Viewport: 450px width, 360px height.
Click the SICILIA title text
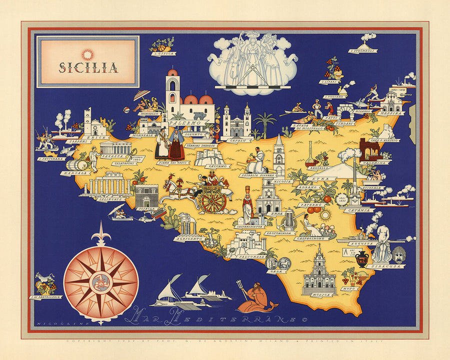88,67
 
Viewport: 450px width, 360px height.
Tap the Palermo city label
184,122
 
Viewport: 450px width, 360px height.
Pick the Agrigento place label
188,239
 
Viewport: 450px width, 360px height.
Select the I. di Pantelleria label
45,297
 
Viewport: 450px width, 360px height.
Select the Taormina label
374,162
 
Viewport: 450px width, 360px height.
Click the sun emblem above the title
88,53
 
